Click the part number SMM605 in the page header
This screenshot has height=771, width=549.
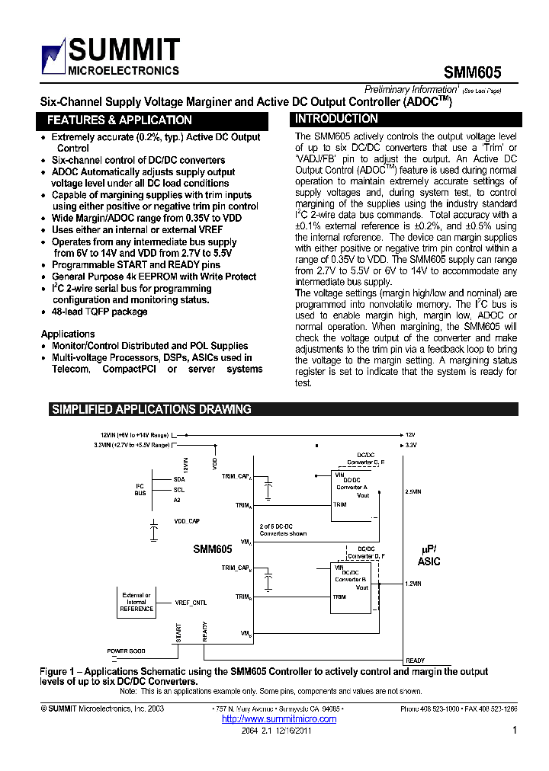(x=473, y=72)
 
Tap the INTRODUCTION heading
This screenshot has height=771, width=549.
(x=336, y=119)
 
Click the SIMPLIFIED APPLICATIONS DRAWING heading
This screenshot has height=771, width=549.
(x=151, y=409)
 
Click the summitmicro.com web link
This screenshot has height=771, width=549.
(x=266, y=718)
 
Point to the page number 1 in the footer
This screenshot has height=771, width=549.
(x=515, y=730)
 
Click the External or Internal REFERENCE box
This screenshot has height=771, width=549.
(x=137, y=602)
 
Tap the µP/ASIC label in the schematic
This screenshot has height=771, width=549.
(x=429, y=555)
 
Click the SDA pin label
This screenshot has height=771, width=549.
(x=179, y=479)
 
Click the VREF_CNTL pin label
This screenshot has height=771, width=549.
(x=191, y=602)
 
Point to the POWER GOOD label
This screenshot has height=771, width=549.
(x=126, y=651)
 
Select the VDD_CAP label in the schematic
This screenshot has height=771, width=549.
(x=186, y=520)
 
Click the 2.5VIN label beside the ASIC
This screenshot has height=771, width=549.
(x=413, y=492)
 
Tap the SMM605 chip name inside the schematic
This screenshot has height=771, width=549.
(x=213, y=549)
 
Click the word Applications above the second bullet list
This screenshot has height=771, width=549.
(x=68, y=334)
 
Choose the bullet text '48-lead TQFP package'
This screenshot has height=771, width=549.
(x=99, y=312)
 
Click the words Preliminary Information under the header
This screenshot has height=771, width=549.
(x=413, y=89)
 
